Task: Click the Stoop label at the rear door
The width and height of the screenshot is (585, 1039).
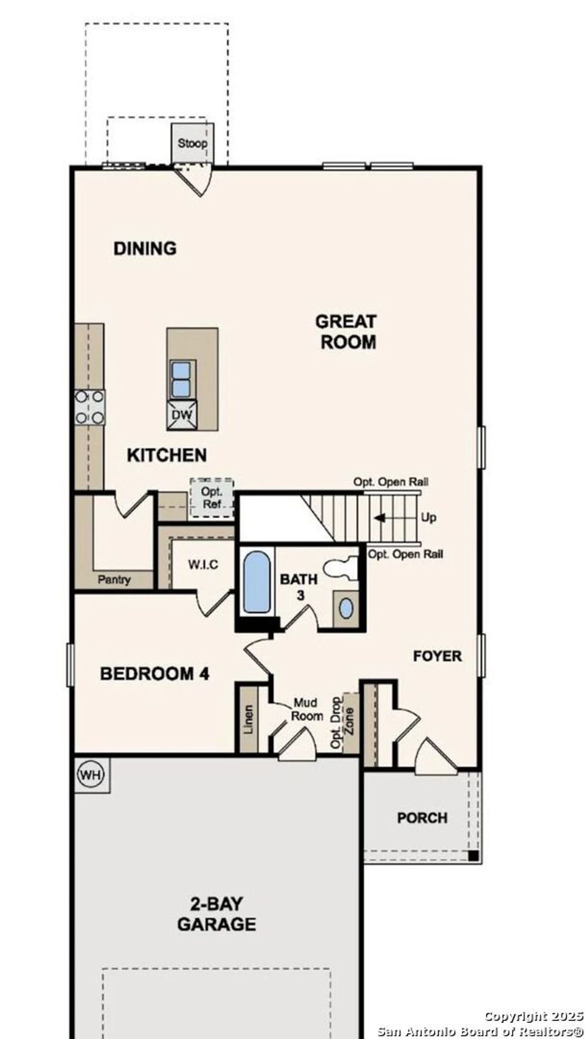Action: (x=192, y=143)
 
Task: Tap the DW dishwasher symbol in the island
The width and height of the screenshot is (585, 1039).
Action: (x=182, y=415)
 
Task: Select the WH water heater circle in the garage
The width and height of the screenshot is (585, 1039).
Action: (x=91, y=775)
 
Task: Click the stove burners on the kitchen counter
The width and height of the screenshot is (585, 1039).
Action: (x=90, y=407)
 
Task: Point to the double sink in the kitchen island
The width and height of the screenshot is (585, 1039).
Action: (x=181, y=379)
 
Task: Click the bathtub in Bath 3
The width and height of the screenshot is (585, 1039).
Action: (x=256, y=582)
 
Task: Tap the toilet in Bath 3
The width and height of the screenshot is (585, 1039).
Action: (x=341, y=567)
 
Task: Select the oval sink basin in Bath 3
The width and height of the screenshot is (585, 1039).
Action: (x=346, y=609)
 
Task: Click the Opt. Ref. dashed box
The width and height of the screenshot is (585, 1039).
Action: (x=212, y=498)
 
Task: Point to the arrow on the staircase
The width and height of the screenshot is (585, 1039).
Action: (x=380, y=518)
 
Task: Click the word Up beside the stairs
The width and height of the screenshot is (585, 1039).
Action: (x=428, y=518)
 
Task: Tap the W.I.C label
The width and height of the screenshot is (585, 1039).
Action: (x=203, y=565)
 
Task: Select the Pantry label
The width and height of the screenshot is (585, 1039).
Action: (x=114, y=580)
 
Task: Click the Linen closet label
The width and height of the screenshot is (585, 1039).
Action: (x=248, y=720)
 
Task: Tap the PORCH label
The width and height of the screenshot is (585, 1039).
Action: (x=422, y=817)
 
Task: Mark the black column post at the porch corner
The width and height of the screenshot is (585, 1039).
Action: (x=473, y=856)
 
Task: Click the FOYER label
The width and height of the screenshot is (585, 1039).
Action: (x=437, y=656)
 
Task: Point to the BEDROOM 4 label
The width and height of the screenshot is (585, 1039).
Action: (x=154, y=674)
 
